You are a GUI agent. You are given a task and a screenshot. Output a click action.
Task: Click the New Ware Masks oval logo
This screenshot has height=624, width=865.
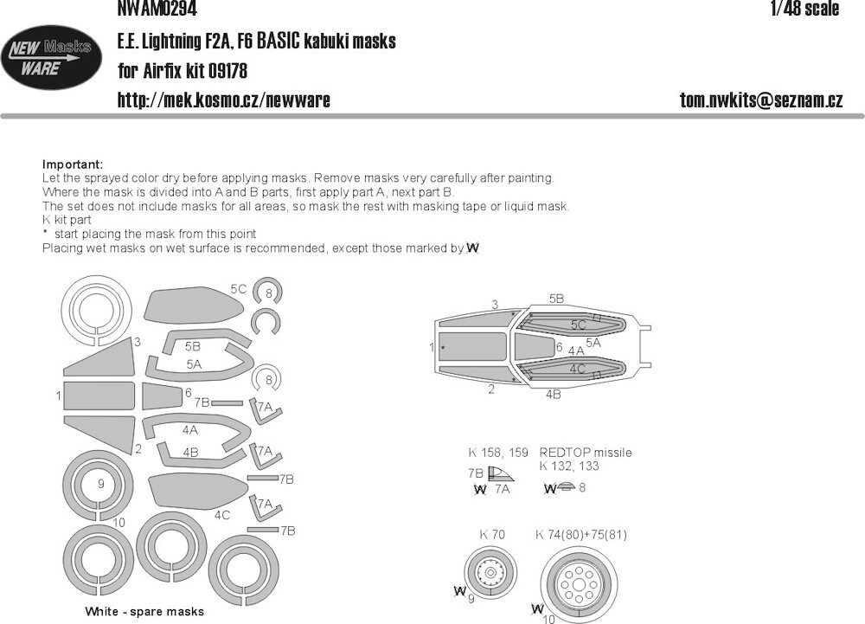click(51, 57)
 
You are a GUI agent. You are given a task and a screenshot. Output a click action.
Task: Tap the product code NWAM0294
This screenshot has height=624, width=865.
click(157, 9)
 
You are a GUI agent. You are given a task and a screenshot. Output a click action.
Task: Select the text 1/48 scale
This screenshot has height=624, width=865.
click(804, 9)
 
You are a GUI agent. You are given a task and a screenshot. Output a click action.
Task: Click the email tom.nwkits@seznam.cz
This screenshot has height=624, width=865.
click(761, 100)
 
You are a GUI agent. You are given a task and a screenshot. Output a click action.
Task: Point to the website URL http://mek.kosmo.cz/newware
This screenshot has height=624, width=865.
click(223, 100)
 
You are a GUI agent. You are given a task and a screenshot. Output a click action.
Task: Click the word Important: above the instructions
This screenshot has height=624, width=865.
click(73, 164)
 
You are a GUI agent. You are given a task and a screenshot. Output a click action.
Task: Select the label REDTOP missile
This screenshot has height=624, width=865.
click(586, 453)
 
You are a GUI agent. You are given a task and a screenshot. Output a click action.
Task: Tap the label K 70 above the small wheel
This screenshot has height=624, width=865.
click(492, 534)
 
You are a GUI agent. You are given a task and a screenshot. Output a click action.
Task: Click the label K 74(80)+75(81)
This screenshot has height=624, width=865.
click(581, 534)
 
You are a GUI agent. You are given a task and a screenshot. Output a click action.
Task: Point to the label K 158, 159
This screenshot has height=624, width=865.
click(498, 453)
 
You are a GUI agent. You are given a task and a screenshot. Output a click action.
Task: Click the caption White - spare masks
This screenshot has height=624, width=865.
click(144, 611)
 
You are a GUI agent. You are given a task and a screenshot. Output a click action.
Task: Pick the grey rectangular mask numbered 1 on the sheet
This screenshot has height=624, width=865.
click(99, 396)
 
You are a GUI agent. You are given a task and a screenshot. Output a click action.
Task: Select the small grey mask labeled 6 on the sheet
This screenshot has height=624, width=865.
click(163, 396)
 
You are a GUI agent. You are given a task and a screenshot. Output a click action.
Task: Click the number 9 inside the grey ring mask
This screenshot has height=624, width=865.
click(101, 484)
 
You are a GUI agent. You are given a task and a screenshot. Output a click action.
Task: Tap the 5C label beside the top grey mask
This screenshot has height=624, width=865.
click(239, 289)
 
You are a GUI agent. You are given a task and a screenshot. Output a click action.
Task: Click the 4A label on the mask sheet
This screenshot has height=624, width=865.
click(189, 430)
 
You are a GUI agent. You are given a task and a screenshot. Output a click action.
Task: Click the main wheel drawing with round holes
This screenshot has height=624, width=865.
click(579, 582)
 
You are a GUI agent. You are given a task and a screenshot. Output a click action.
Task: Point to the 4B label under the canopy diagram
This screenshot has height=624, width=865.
click(554, 394)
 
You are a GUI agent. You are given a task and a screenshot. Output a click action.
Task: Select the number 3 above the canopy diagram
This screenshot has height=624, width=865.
click(495, 304)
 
